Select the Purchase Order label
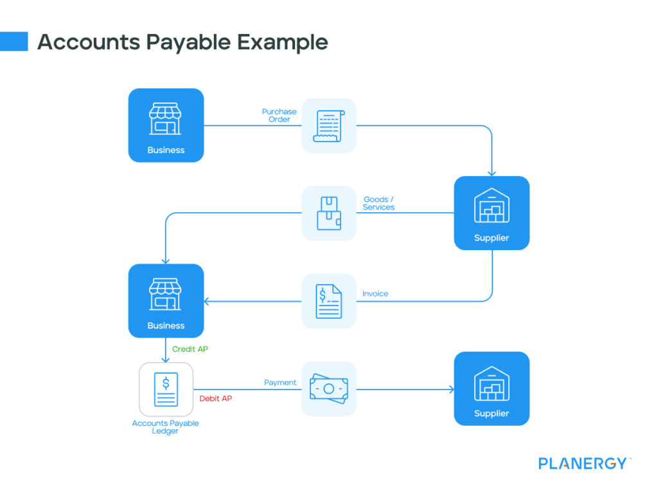(279, 116)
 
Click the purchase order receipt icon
(328, 125)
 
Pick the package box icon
(328, 213)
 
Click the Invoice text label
(375, 294)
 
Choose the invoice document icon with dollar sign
(328, 301)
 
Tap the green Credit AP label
(190, 349)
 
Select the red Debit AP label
(216, 399)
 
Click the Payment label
(280, 383)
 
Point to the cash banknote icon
(328, 389)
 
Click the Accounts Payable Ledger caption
(166, 427)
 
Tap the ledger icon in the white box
(166, 390)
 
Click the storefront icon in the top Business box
(166, 119)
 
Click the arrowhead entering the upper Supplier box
(492, 172)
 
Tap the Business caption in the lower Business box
(166, 326)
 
